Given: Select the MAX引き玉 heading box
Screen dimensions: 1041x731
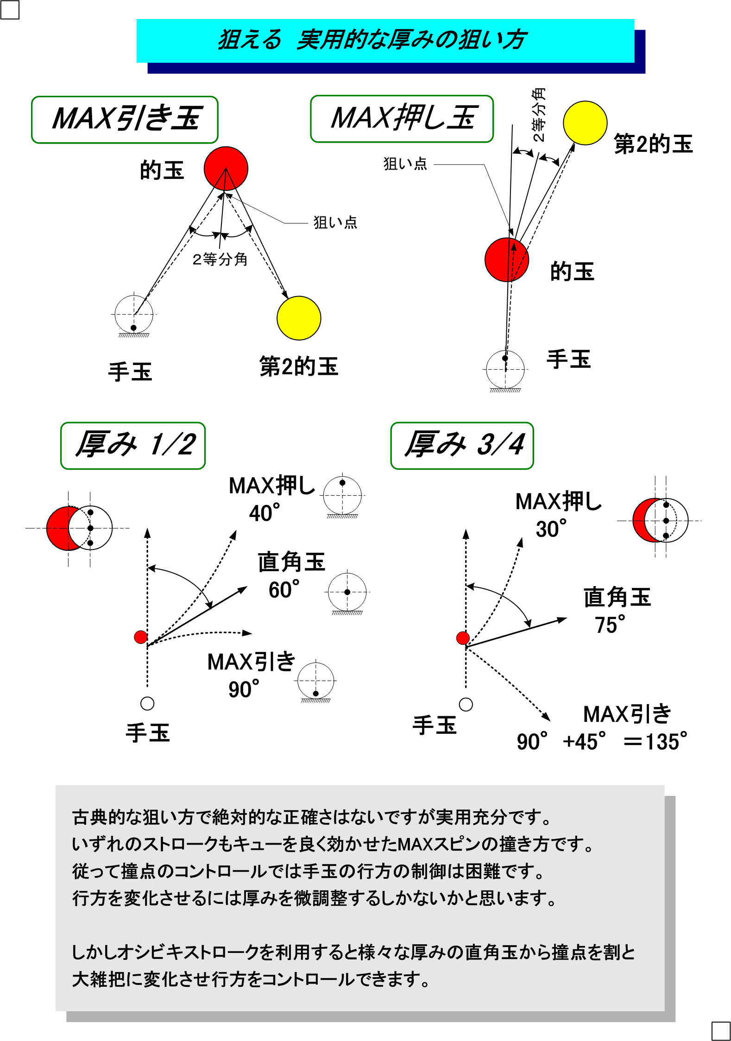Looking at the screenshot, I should tap(125, 120).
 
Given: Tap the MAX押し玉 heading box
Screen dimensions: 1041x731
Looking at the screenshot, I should tap(402, 119).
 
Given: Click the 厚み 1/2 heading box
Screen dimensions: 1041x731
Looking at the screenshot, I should tap(133, 445).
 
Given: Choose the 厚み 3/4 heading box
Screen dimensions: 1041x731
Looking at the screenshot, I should tap(462, 445).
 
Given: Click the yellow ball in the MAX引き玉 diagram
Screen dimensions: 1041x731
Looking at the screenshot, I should tap(299, 318).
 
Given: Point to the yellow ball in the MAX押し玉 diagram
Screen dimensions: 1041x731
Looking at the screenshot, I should tap(585, 123).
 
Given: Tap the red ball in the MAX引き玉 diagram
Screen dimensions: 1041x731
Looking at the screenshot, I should tap(226, 169).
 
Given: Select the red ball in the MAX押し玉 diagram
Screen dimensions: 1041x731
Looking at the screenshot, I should tap(506, 260).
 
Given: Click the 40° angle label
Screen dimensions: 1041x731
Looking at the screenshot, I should tap(264, 513).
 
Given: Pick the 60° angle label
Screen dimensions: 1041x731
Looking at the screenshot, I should tap(284, 590).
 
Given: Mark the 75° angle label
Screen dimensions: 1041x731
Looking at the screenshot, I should tap(610, 625).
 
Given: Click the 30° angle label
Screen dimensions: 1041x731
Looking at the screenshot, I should tap(551, 529).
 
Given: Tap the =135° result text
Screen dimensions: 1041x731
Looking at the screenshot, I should tap(655, 741).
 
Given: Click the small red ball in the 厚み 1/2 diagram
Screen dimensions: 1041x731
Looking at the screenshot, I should tap(141, 637).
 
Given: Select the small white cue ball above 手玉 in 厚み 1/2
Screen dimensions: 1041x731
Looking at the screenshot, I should tap(147, 703).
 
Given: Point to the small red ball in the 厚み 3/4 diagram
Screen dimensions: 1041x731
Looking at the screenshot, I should tap(463, 638).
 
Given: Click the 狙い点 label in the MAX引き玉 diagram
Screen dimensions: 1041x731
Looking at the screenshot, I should tap(335, 223).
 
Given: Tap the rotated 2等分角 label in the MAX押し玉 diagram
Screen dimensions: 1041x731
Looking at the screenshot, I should tap(539, 114).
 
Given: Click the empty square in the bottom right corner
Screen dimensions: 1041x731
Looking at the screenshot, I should tap(720, 1031).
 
